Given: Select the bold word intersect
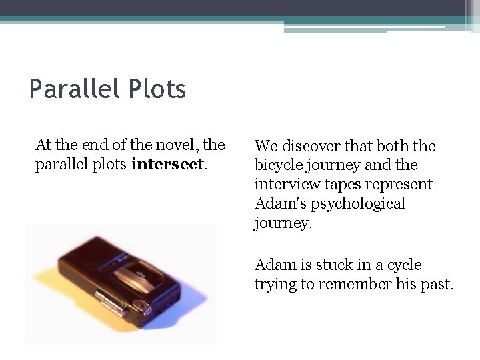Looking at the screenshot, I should [167, 165].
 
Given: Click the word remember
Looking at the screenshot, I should [351, 285].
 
